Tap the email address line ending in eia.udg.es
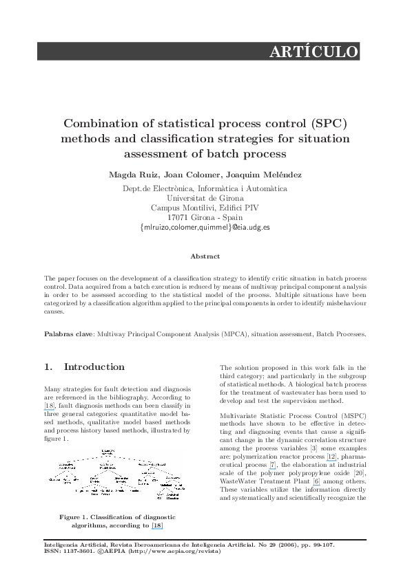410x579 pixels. pos(205,226)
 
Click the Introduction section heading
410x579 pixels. pos(94,367)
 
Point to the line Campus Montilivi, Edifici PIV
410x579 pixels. pos(205,207)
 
